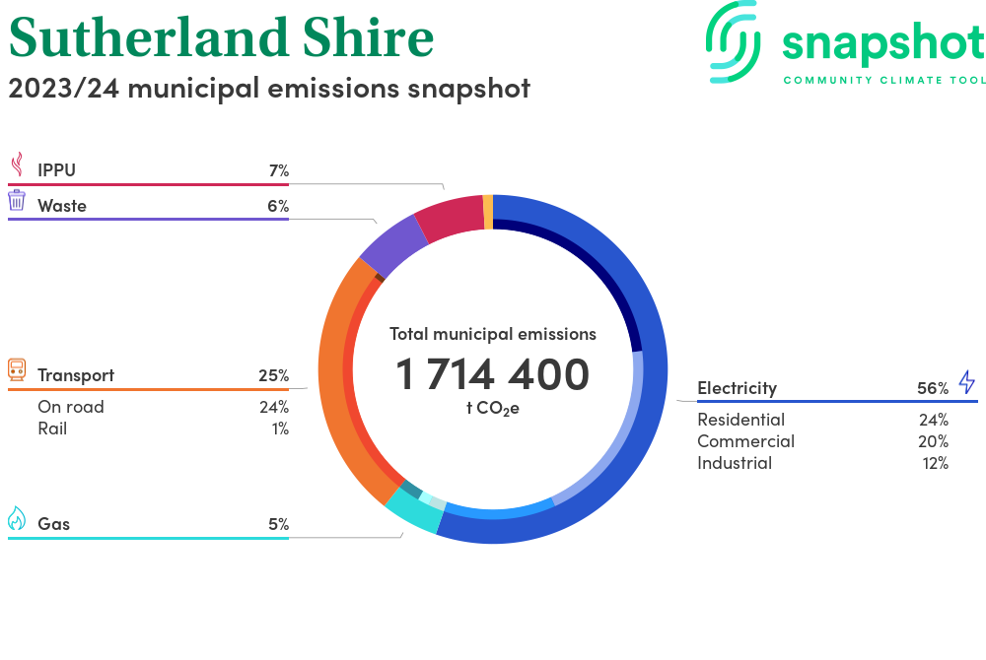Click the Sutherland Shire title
[221, 37]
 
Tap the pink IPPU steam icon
[18, 165]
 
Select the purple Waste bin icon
[17, 200]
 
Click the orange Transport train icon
[17, 369]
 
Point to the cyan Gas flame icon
[17, 519]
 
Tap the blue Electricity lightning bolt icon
[966, 382]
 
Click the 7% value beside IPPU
[279, 170]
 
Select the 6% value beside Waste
[278, 206]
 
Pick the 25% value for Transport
[273, 375]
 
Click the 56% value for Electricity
[933, 389]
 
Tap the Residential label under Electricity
[740, 420]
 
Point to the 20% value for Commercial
[933, 441]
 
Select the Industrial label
[735, 463]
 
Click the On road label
[70, 407]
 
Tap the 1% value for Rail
[280, 429]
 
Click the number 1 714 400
[492, 374]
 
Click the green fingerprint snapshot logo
[734, 42]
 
